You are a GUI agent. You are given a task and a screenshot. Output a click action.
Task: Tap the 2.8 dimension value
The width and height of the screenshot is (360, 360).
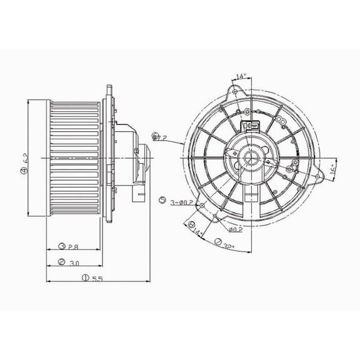pyautogui.click(x=73, y=246)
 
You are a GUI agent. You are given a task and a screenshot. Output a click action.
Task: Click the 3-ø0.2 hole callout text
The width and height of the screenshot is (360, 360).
pyautogui.click(x=182, y=201)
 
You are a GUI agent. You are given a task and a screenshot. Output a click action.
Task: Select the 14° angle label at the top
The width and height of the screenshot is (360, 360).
pyautogui.click(x=241, y=77)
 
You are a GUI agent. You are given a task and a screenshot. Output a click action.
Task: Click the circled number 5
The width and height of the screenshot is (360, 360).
pyautogui.click(x=162, y=201)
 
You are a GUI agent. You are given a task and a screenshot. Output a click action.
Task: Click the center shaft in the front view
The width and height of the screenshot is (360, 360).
pyautogui.click(x=254, y=156)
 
